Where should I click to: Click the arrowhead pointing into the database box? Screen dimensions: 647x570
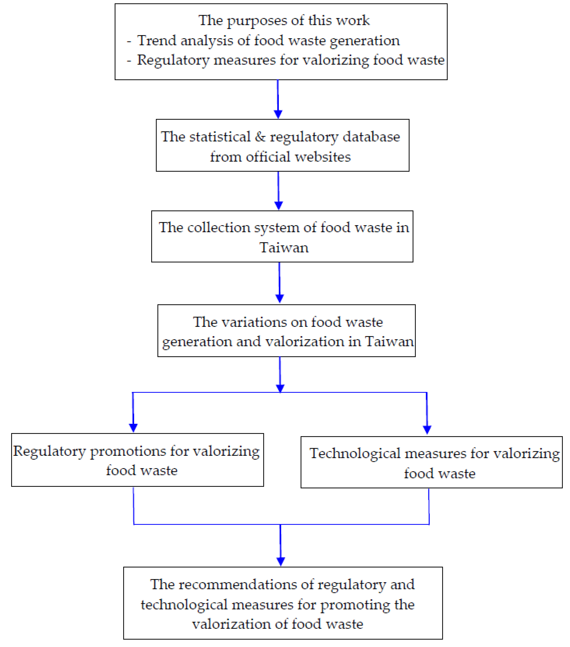tap(278, 114)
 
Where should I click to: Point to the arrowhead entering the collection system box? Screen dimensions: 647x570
tap(278, 205)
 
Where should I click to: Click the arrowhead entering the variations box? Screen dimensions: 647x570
tap(279, 298)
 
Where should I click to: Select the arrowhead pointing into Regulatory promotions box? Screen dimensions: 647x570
tap(133, 428)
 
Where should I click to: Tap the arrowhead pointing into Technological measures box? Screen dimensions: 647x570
tap(427, 430)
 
